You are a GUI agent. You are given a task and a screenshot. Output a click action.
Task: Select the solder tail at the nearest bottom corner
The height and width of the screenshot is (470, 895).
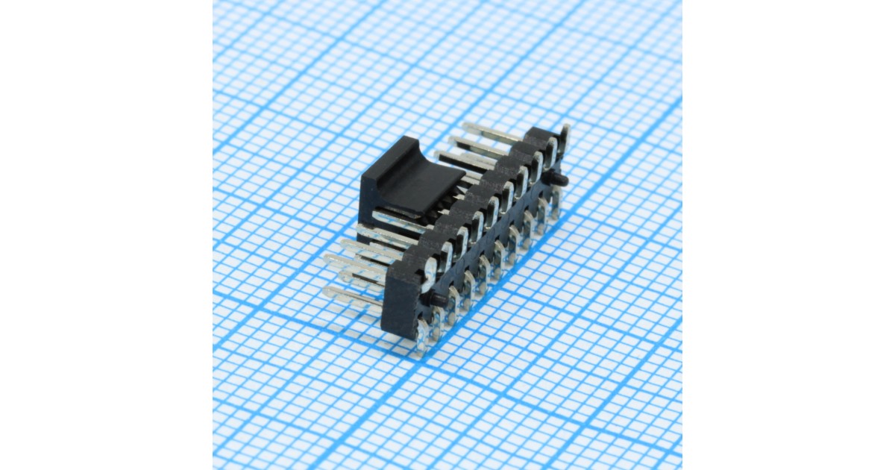tap(424, 339)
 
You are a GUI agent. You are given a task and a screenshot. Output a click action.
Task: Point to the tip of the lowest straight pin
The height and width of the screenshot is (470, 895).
tap(328, 291)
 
